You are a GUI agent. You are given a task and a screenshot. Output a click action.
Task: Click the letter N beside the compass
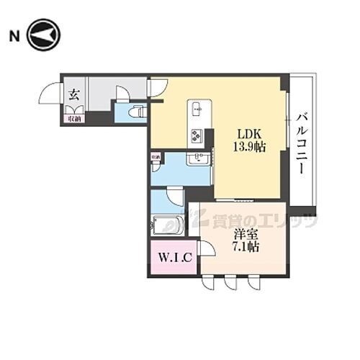pyautogui.click(x=12, y=34)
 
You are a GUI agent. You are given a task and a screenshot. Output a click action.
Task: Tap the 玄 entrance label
pyautogui.click(x=73, y=93)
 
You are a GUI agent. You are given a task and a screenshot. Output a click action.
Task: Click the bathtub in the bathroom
pyautogui.click(x=166, y=226)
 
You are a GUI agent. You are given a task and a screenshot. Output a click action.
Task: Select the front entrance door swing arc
pyautogui.click(x=50, y=94)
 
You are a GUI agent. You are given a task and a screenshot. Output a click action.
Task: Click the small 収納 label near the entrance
pyautogui.click(x=73, y=118)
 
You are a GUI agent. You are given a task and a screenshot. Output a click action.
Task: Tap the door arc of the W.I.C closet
pyautogui.click(x=206, y=249)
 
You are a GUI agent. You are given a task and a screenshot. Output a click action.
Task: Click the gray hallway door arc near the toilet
pyautogui.click(x=122, y=93)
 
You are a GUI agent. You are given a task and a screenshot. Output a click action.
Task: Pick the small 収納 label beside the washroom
pyautogui.click(x=156, y=156)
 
